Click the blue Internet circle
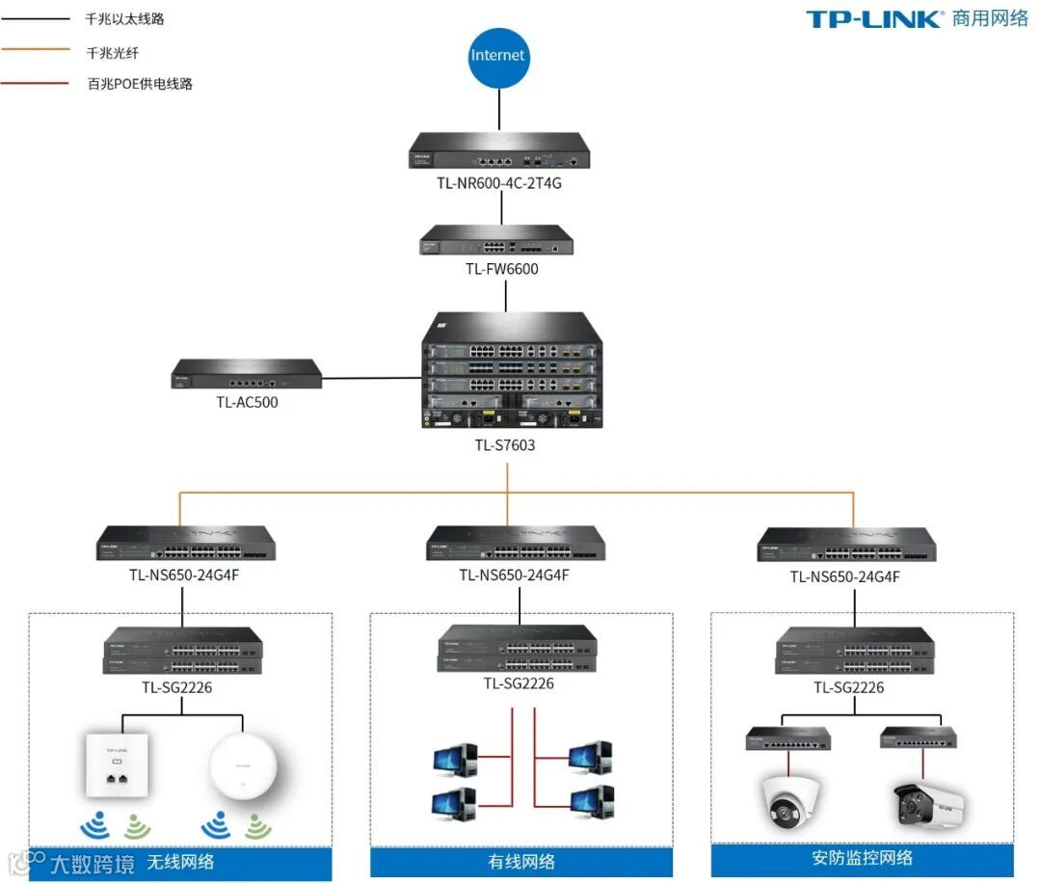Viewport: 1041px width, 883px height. pyautogui.click(x=498, y=56)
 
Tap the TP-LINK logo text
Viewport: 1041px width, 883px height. pyautogui.click(x=873, y=18)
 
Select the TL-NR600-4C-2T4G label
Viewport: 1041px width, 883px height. pyautogui.click(x=498, y=182)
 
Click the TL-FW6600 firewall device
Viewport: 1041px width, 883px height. pyautogui.click(x=496, y=241)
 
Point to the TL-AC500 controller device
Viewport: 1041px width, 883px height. pyautogui.click(x=247, y=374)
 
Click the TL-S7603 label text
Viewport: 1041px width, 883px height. pyautogui.click(x=504, y=445)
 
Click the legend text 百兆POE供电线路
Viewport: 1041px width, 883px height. pyautogui.click(x=140, y=84)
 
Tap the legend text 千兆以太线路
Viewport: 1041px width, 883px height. pyautogui.click(x=124, y=19)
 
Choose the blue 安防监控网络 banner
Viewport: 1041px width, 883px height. pyautogui.click(x=862, y=858)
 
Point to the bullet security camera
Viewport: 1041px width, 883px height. pyautogui.click(x=926, y=803)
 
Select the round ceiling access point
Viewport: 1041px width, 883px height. pyautogui.click(x=244, y=766)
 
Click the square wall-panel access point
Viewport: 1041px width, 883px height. pyautogui.click(x=117, y=764)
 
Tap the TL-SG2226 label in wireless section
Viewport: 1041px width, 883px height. pyautogui.click(x=176, y=688)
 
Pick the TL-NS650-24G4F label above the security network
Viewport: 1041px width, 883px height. pyautogui.click(x=845, y=576)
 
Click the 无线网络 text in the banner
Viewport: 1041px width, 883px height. pyautogui.click(x=180, y=862)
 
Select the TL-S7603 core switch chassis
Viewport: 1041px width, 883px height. pyautogui.click(x=511, y=371)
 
